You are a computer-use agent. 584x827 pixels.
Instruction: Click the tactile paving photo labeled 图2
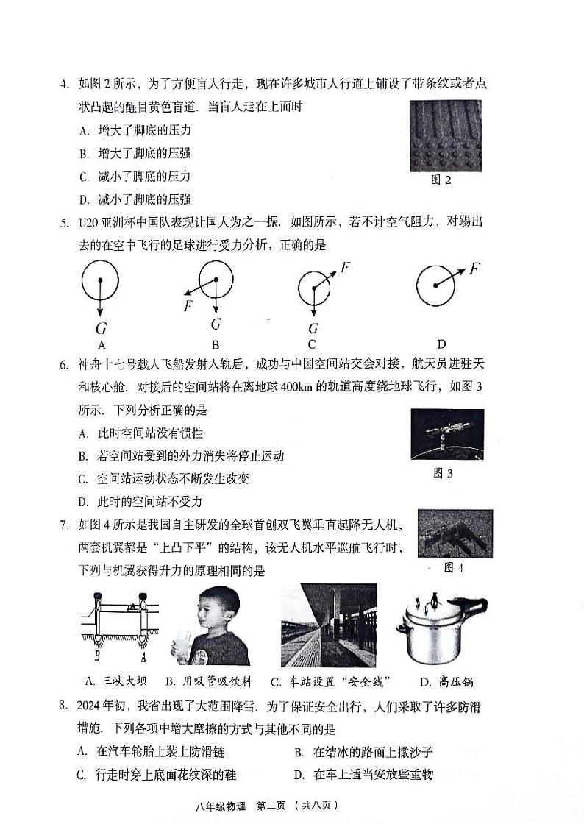(445, 136)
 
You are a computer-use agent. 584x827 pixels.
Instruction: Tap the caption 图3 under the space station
(443, 473)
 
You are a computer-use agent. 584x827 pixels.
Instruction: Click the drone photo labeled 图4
(455, 533)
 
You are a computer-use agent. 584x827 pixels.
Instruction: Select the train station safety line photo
(328, 625)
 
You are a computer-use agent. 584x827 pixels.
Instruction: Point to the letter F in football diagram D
(474, 268)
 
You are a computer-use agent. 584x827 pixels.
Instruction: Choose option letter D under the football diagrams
(441, 344)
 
